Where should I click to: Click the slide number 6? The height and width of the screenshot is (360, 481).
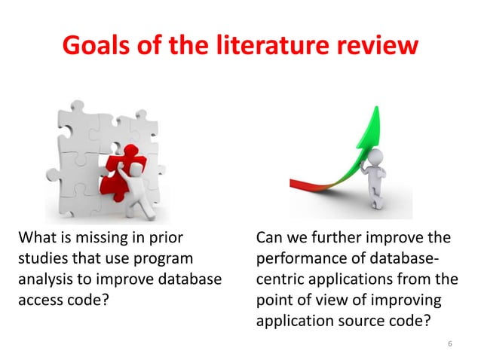tap(449, 344)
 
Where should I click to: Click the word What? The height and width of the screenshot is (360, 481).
tap(36, 240)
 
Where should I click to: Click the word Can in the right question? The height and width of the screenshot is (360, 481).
tap(269, 240)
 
